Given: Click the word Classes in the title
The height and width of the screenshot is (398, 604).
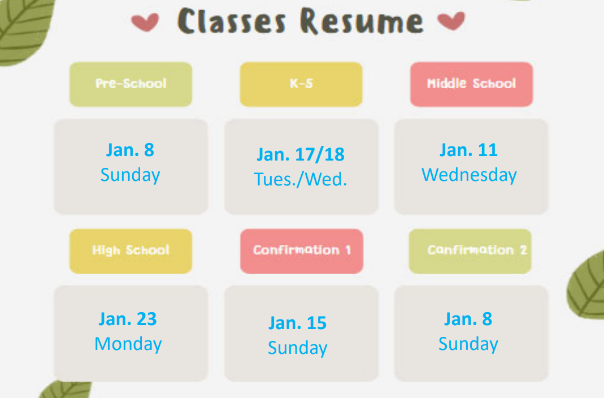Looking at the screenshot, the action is tap(232, 21).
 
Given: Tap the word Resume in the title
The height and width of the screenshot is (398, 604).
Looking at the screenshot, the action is tap(362, 21).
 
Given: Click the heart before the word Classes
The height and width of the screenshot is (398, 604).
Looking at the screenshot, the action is tap(145, 22).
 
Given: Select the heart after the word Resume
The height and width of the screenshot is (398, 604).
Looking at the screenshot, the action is tap(451, 20).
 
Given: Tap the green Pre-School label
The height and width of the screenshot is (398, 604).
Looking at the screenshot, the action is tap(131, 84).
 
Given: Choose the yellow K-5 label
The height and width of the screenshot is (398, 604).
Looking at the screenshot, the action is tap(301, 84).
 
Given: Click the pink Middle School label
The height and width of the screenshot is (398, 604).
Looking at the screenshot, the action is tap(471, 84).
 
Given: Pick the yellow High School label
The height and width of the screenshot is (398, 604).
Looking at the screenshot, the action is tap(131, 251).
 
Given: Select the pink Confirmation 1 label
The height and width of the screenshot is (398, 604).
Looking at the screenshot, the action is tap(302, 251).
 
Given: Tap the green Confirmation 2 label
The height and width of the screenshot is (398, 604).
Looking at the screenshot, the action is tap(470, 251).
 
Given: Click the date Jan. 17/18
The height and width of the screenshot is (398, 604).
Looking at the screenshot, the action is tap(301, 154).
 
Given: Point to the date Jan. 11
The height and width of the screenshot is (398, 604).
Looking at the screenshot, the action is tap(469, 150).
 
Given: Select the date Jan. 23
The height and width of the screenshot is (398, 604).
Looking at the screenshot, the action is tap(128, 319).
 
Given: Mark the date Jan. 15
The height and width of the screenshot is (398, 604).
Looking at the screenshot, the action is tap(297, 323).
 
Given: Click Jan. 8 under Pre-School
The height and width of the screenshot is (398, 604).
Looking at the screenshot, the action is tap(130, 150).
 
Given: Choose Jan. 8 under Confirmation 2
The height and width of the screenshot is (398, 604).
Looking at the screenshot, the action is tap(468, 319).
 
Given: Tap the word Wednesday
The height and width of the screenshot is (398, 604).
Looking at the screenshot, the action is tap(469, 175).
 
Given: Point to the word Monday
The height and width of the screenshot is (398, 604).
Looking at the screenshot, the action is tap(128, 344).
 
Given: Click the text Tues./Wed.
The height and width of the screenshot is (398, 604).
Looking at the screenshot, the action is tap(301, 179).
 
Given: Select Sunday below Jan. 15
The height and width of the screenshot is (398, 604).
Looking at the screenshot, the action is tap(297, 348).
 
